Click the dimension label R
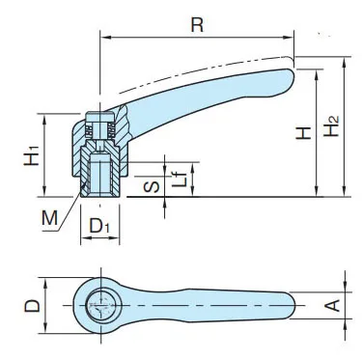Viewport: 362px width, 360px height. click(x=197, y=25)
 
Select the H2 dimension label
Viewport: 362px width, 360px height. click(x=331, y=125)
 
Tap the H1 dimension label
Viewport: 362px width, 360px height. click(x=32, y=155)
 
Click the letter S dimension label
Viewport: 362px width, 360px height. click(x=152, y=186)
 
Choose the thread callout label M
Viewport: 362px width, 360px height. click(x=49, y=218)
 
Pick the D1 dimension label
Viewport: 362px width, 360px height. click(x=99, y=226)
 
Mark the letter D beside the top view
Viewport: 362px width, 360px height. click(x=33, y=306)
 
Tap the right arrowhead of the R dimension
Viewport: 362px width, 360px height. click(x=290, y=38)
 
